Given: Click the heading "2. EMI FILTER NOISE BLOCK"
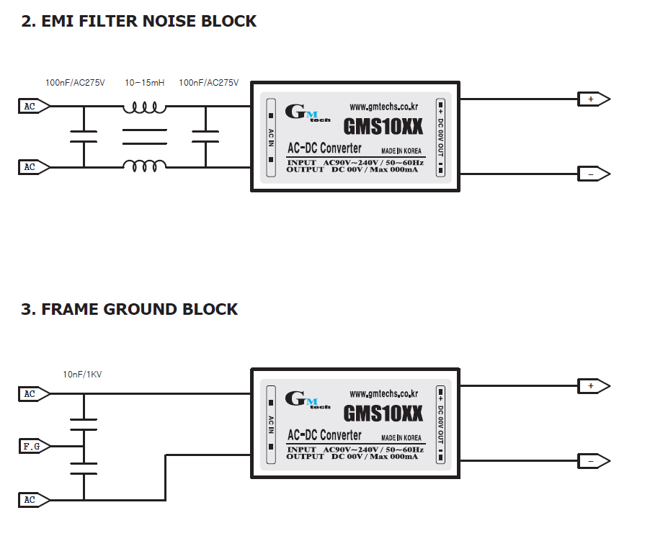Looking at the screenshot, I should tap(138, 22).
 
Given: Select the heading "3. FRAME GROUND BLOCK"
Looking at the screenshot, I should tap(129, 310).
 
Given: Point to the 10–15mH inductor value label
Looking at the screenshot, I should tap(144, 83).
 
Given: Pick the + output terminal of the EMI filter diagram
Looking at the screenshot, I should tap(592, 99).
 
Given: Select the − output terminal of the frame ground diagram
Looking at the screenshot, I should tap(592, 461).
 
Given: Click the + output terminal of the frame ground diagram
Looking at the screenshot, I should tap(592, 387).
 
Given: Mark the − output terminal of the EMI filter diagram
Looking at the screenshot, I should tap(592, 174).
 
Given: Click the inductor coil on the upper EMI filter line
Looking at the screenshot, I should tap(144, 108).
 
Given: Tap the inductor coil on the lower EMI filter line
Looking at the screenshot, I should tap(144, 166).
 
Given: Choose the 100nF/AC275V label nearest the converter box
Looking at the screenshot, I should tap(208, 83).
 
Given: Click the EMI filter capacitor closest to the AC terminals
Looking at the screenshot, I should tap(84, 137).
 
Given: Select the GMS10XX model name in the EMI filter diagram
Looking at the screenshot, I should tap(383, 127).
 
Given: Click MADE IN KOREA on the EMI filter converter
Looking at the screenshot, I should tap(401, 151).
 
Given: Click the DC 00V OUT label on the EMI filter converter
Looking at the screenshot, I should tap(441, 138).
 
